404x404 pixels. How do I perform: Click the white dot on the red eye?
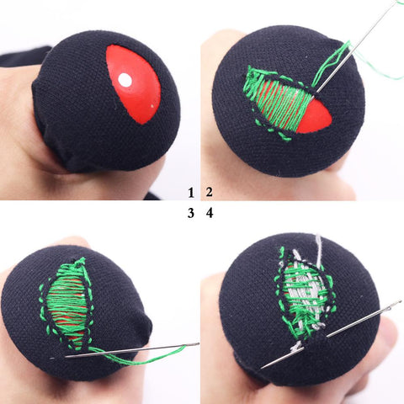(125, 80)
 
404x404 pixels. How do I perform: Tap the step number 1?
(191, 193)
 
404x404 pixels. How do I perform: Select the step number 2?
(210, 193)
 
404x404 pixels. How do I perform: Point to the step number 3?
(191, 214)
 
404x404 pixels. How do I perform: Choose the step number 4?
(210, 214)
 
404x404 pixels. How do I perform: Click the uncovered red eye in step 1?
(134, 84)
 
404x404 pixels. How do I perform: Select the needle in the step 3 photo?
(132, 350)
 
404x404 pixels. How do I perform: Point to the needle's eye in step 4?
(396, 304)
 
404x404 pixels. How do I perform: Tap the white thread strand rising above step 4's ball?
(319, 247)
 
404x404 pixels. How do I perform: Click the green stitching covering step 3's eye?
(67, 306)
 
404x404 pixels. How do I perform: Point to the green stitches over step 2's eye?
(278, 101)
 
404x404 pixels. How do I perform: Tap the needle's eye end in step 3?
(195, 344)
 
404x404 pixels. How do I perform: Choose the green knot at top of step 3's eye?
(80, 263)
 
